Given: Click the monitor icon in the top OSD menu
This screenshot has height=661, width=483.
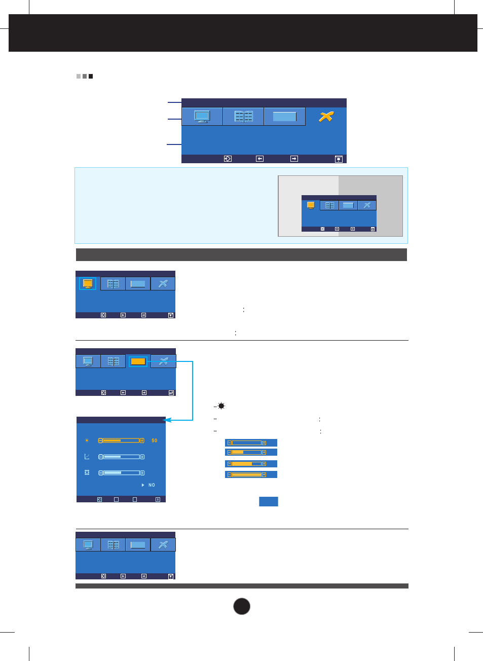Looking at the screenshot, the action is tap(202, 117).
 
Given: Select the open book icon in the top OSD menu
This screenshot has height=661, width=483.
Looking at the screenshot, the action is tap(243, 117).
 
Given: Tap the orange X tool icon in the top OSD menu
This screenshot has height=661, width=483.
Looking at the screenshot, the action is tap(326, 117).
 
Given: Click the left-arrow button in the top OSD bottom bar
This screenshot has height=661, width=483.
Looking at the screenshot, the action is tap(259, 159).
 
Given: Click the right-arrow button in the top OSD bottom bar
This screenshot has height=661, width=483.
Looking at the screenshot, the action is tap(294, 159).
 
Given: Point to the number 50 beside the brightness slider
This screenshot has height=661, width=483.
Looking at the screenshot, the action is tap(155, 440).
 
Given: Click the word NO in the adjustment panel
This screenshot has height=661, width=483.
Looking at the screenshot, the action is tap(152, 485).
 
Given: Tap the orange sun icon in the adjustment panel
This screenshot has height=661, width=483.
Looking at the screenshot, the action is tap(87, 440).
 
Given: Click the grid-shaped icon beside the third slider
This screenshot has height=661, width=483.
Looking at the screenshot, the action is tap(87, 472).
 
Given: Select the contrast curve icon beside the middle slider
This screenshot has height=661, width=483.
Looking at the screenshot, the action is tap(87, 457).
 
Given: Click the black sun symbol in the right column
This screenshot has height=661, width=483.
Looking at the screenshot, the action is tap(221, 406).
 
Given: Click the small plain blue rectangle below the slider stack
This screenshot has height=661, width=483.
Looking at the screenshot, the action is tap(268, 501).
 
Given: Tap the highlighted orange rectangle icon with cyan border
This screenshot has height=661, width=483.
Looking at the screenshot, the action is tap(138, 361).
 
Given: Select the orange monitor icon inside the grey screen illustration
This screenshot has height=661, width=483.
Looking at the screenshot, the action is tap(311, 205).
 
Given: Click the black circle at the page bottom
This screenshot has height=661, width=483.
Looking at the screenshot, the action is tap(242, 606).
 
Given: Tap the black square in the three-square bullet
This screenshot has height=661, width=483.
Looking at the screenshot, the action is tap(91, 77).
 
